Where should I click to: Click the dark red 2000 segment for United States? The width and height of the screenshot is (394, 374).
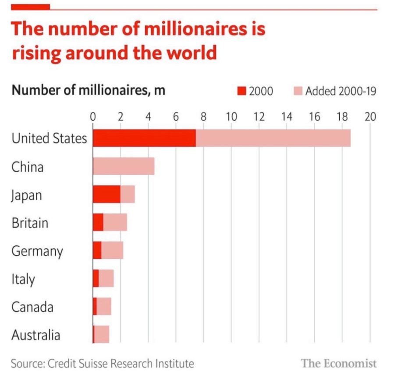144,138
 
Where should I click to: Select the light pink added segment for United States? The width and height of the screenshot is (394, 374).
273,138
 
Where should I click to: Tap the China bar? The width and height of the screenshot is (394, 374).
124,167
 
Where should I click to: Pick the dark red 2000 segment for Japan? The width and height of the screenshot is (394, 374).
106,194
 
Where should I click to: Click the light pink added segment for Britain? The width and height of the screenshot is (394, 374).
115,223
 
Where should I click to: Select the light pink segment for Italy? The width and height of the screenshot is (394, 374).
106,279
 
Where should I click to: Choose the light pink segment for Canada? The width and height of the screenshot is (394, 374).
103,307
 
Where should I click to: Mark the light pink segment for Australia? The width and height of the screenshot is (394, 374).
102,335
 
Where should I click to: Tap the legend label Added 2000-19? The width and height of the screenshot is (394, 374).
341,91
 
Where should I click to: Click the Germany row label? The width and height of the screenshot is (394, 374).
37,251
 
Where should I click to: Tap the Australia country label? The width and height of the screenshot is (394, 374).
35,335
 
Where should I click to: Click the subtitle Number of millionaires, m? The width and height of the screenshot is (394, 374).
88,91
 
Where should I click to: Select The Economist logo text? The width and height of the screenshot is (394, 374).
339,363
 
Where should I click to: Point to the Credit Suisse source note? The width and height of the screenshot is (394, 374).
103,363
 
